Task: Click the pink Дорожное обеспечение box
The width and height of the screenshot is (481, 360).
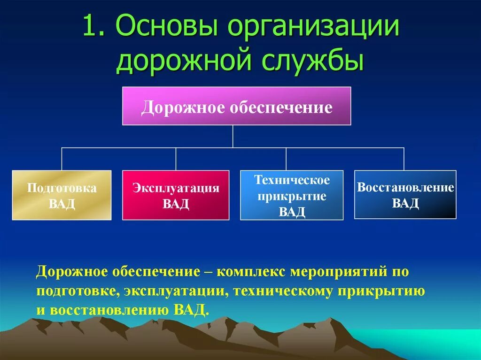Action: point(237,106)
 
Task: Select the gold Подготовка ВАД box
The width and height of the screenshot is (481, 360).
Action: point(62,195)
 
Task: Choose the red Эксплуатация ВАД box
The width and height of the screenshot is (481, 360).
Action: point(176,195)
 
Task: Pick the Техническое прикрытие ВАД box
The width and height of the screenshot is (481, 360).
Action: point(292,195)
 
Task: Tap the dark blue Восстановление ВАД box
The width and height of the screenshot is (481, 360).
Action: point(405,194)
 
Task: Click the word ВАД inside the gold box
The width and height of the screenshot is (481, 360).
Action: point(62,204)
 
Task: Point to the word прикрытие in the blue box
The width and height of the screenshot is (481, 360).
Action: point(292,196)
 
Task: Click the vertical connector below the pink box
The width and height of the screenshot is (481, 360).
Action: point(233,137)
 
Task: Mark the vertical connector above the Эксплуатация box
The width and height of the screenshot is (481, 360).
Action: point(176,159)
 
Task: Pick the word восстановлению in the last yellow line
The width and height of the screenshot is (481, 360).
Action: point(110,310)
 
